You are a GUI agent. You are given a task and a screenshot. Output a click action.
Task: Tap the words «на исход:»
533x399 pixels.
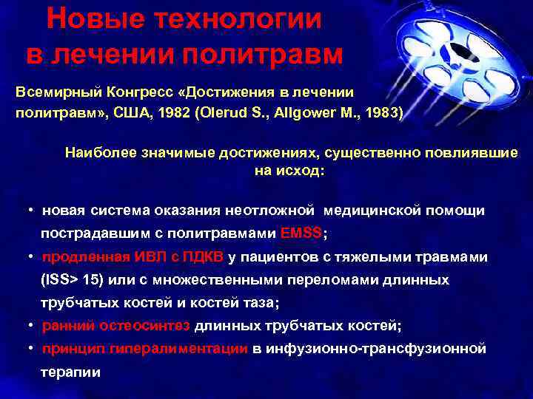(x=289, y=170)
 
